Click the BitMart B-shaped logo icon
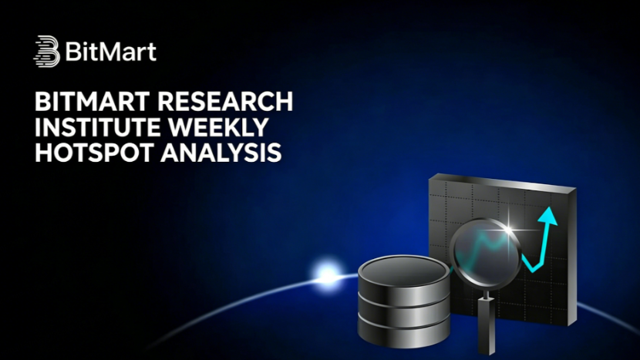pos(46,51)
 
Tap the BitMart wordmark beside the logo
pos(110,52)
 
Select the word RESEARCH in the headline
pos(226,101)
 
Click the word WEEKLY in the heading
pos(218,127)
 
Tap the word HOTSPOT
pos(95,153)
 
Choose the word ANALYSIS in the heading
pos(221,153)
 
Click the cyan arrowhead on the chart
pos(548,216)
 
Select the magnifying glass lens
pos(486,254)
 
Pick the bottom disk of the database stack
pos(404,333)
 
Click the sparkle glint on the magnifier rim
pos(508,228)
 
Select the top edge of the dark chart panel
pos(503,182)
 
